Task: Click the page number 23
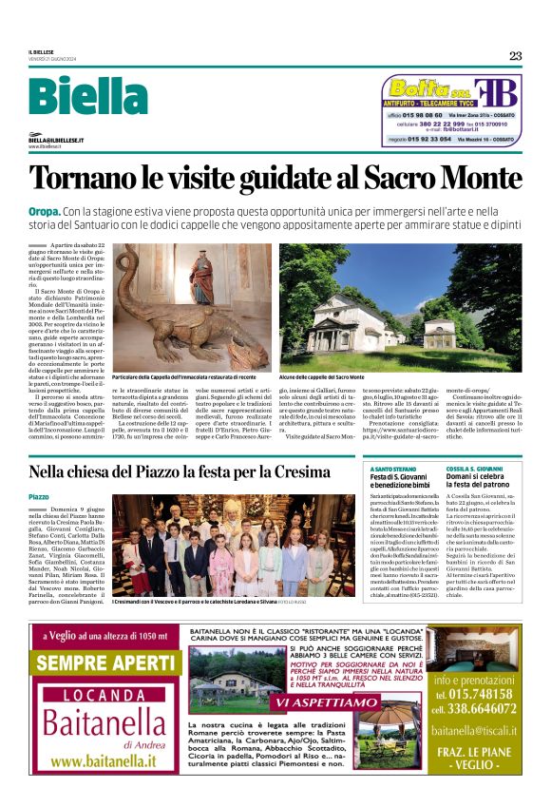point(515,55)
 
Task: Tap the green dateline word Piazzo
point(39,497)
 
